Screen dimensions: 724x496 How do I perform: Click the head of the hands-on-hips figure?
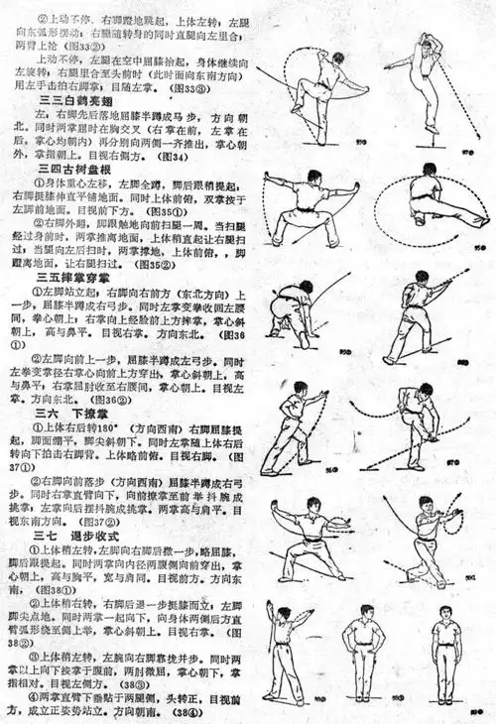click(361, 608)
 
